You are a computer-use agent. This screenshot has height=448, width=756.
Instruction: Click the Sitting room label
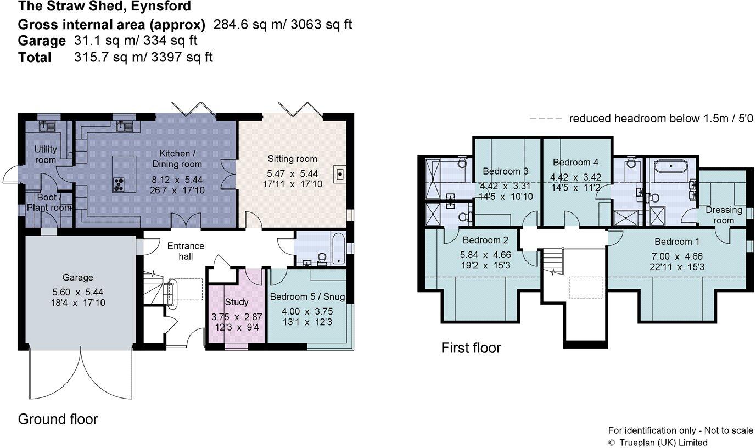tap(292, 159)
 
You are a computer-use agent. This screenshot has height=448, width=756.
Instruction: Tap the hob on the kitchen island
tap(119, 184)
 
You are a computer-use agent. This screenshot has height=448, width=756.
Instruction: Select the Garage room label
tap(77, 277)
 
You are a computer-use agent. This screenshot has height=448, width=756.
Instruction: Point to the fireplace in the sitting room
tap(340, 174)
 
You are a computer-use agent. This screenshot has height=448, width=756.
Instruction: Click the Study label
tap(237, 302)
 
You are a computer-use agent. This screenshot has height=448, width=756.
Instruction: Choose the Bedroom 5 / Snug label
tap(307, 297)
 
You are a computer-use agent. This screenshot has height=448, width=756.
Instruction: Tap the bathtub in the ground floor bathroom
tap(339, 249)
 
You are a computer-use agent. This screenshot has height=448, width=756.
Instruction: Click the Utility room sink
tap(47, 127)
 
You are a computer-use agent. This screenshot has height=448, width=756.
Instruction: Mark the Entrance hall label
tap(186, 251)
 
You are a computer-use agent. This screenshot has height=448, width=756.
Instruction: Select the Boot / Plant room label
tap(49, 203)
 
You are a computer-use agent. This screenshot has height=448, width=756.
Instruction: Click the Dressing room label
tap(724, 215)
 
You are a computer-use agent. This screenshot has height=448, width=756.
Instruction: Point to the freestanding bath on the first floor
tap(671, 167)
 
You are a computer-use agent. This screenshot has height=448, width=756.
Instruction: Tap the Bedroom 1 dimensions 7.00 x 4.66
tap(677, 256)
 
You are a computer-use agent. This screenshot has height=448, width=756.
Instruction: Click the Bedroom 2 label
tap(485, 240)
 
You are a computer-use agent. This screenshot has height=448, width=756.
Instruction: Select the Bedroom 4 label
tap(575, 163)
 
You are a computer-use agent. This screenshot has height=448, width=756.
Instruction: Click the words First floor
tap(471, 348)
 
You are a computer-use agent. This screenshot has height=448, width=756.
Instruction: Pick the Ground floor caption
tap(58, 419)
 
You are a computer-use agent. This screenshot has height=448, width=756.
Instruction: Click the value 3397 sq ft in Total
tap(182, 57)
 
